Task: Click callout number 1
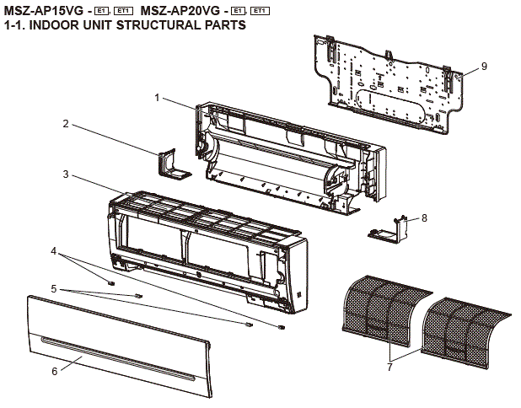point(156,98)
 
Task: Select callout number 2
point(65,124)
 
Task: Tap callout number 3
point(65,174)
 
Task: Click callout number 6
point(55,371)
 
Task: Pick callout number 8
point(424,217)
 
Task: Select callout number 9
point(485,66)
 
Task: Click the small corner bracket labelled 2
point(171,164)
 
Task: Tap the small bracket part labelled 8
point(389,228)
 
